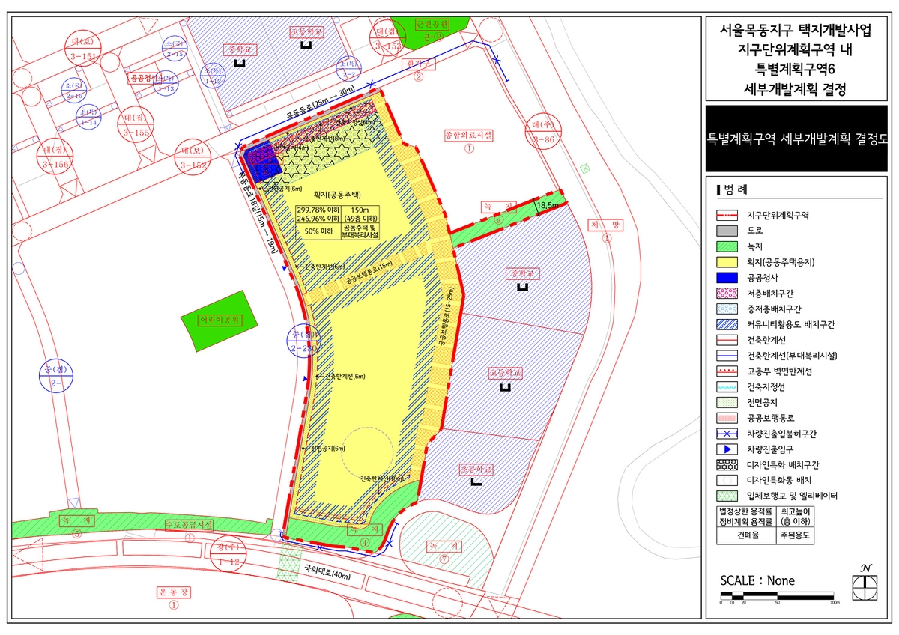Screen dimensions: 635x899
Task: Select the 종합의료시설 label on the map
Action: [469, 136]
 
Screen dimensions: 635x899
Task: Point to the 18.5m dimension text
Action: [548, 204]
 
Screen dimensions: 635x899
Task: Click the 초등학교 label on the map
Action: [477, 470]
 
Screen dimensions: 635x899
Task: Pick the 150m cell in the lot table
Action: [360, 210]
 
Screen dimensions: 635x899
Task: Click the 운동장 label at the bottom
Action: [174, 592]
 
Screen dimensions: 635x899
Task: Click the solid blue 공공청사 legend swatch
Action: [727, 277]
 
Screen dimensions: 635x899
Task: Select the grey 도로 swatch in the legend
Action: [727, 230]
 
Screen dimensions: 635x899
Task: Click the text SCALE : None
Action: [757, 580]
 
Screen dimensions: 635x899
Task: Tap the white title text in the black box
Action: [796, 139]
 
